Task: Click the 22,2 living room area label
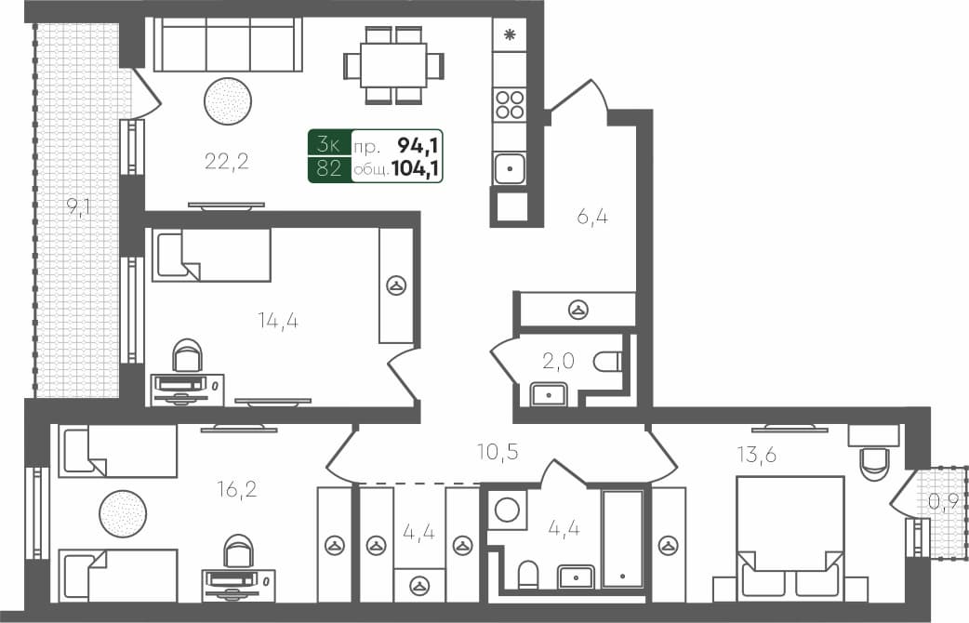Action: pos(227,162)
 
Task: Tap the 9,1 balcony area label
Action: pos(79,207)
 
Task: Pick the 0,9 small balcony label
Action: pos(943,502)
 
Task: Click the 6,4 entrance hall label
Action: pos(592,217)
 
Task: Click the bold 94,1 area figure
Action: pos(419,144)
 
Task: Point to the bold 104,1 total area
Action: pos(416,168)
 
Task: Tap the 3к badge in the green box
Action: pos(328,144)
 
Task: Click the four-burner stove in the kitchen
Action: pos(510,104)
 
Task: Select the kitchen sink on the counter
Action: pos(510,168)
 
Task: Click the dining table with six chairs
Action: pos(393,65)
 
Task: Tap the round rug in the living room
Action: pos(228,100)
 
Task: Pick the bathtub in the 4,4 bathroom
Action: pos(622,538)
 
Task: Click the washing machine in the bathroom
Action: pos(507,510)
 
